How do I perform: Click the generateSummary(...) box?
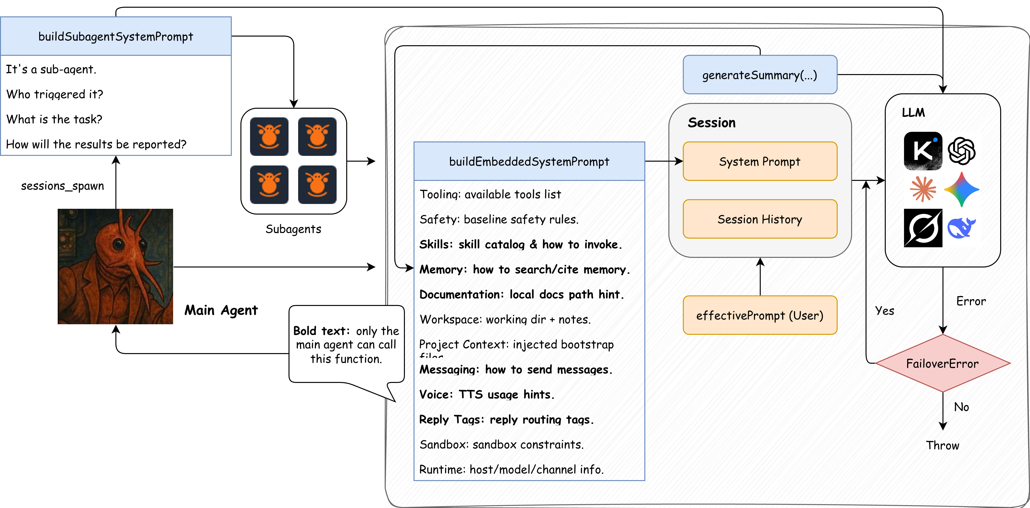[x=760, y=75]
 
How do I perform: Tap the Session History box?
[x=760, y=219]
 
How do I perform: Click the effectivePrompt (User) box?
[x=760, y=315]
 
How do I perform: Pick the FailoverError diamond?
[x=943, y=363]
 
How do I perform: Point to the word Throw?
[x=942, y=445]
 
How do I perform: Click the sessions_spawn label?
[x=62, y=186]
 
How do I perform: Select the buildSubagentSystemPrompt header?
[x=116, y=36]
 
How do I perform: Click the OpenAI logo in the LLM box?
[x=962, y=151]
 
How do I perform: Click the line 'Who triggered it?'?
[x=55, y=94]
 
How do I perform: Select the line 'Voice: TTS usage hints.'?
[x=487, y=395]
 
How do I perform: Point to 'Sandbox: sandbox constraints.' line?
[x=501, y=444]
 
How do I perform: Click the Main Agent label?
[x=221, y=310]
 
